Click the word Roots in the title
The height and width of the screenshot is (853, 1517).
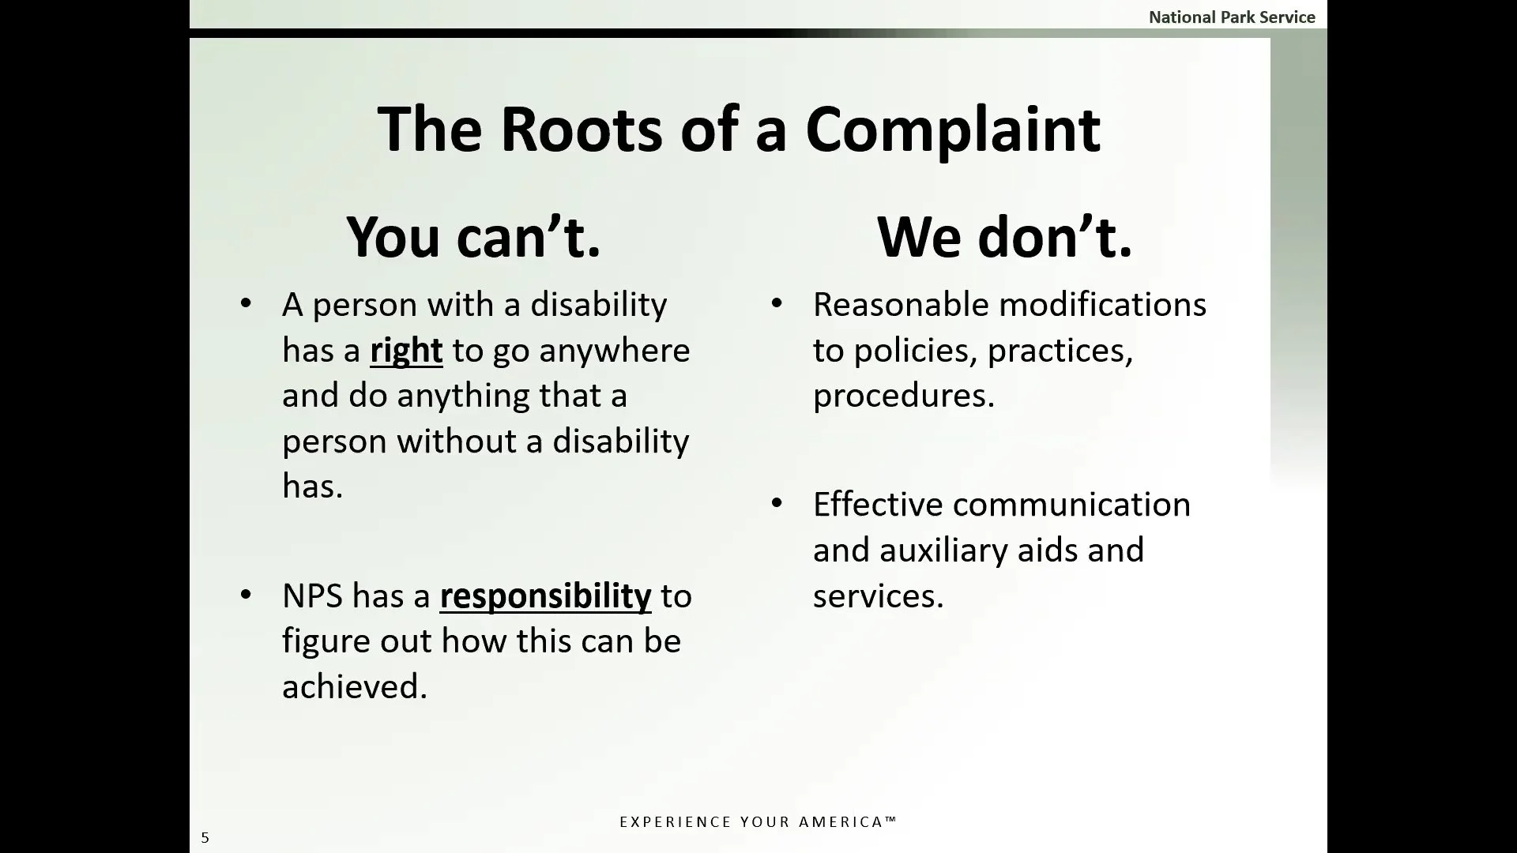[x=582, y=129]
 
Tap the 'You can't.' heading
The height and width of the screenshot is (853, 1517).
[x=473, y=236]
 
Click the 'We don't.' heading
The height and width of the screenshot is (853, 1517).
[x=1004, y=236]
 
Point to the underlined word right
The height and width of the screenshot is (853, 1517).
[x=406, y=351]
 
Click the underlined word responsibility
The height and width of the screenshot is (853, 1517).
[x=545, y=596]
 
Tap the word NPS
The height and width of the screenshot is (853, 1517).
[x=312, y=596]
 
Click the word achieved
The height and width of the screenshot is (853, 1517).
[x=354, y=686]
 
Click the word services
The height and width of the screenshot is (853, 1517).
[x=878, y=596]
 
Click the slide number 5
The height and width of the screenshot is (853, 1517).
[x=205, y=837]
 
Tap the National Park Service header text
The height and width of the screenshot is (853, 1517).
[x=1231, y=17]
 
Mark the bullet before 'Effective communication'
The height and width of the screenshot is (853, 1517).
[x=777, y=503]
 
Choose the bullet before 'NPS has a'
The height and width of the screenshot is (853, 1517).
[x=246, y=594]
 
